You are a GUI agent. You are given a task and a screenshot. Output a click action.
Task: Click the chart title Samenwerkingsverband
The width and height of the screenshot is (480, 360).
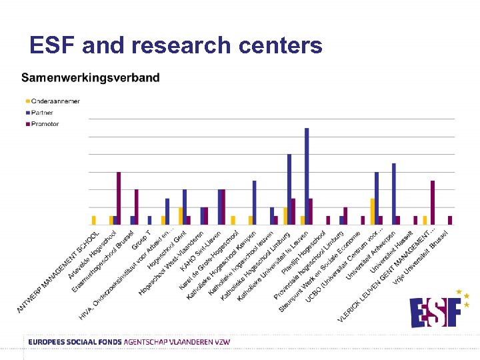(x=91, y=77)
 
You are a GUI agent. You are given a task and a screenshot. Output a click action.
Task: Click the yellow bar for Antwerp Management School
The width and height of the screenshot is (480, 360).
(x=94, y=220)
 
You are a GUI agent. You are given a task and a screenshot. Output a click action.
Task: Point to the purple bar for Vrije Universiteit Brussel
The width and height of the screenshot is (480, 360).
(x=450, y=220)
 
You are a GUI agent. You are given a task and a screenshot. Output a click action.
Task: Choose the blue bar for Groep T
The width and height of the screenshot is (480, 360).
(x=150, y=220)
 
